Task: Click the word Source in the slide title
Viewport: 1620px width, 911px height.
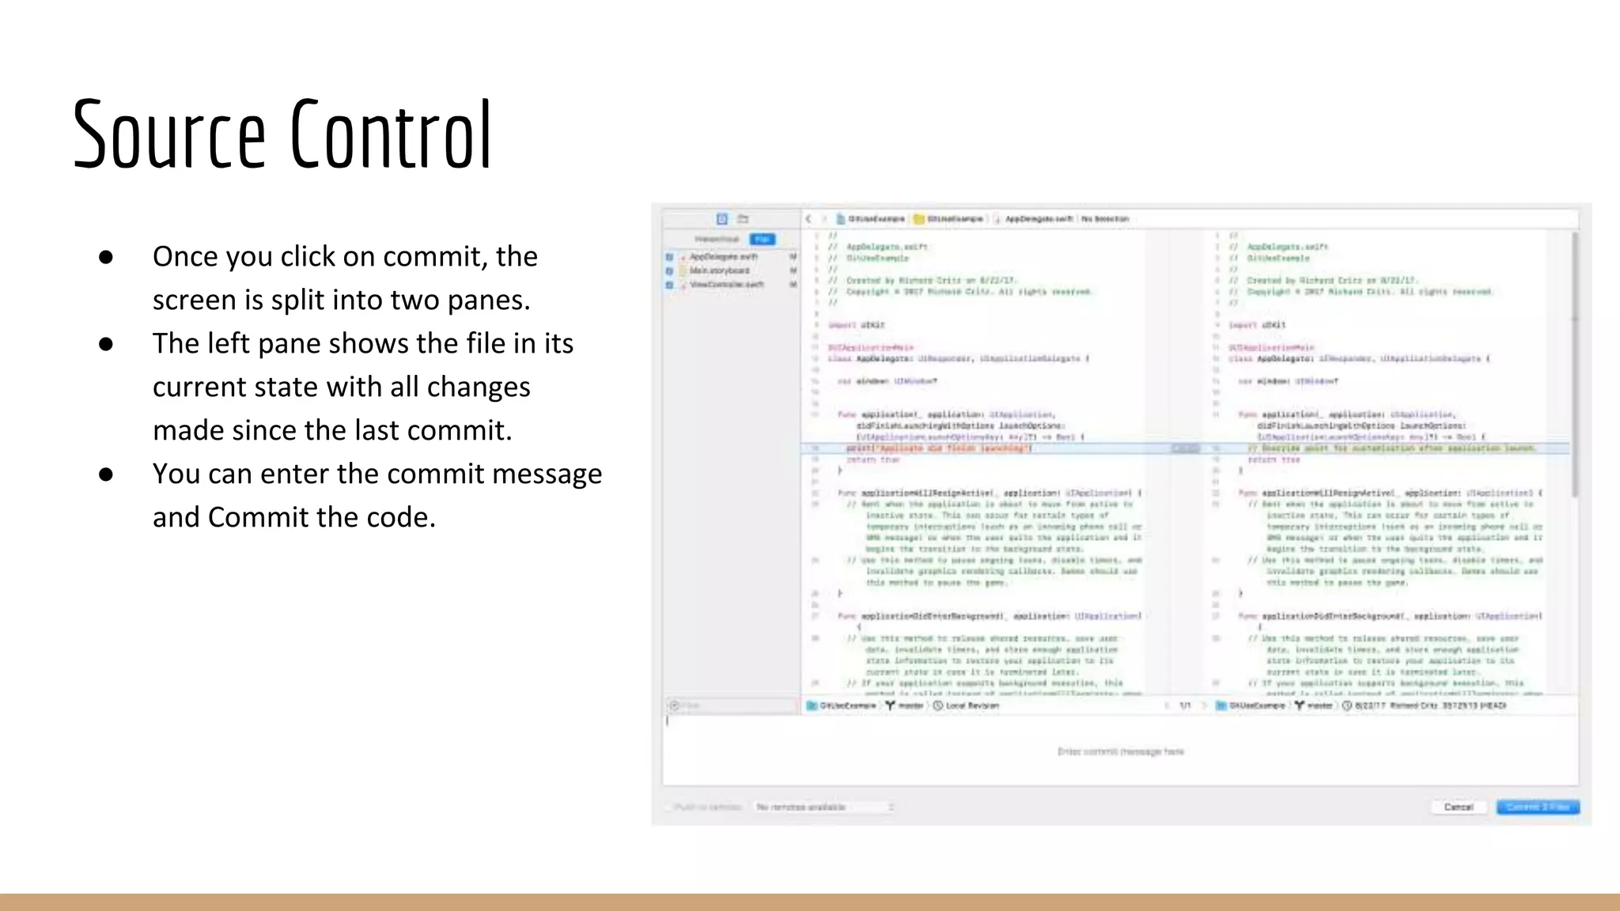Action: point(168,135)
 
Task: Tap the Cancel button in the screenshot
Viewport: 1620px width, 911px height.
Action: point(1459,807)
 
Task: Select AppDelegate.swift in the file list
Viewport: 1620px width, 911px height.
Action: point(723,257)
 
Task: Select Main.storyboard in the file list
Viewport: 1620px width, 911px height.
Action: point(719,270)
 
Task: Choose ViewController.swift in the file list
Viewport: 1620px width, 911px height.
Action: point(726,284)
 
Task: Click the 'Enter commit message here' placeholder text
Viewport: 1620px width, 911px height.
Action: point(1120,751)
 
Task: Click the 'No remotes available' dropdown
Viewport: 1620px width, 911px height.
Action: point(823,807)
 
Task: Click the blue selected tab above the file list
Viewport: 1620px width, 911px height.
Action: point(763,239)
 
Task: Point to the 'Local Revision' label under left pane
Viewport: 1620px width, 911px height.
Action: point(972,705)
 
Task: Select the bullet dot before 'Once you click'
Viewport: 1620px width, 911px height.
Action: point(106,257)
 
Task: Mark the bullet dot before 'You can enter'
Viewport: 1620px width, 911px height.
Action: point(106,474)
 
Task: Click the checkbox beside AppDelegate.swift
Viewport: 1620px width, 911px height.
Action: point(669,257)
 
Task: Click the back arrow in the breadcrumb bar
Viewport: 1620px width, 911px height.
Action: point(808,219)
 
